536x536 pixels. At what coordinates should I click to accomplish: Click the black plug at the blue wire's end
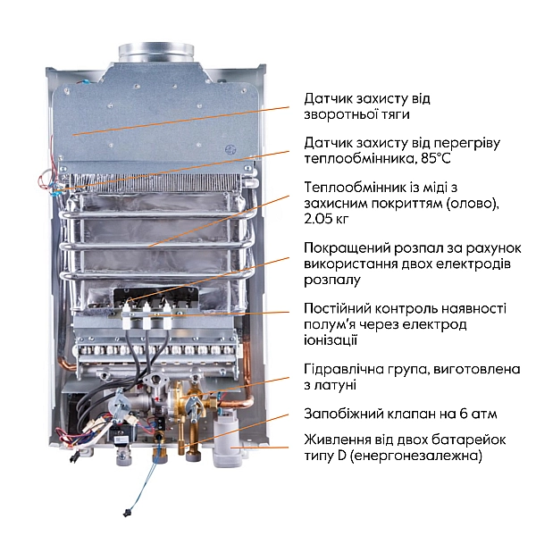click(x=126, y=513)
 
